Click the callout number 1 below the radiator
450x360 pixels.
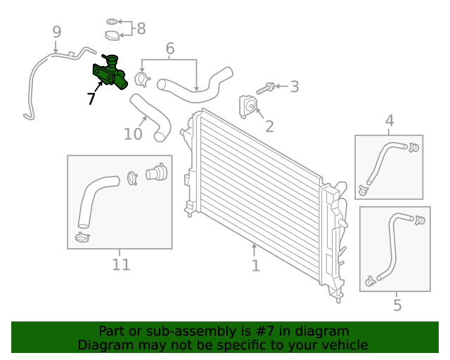(x=255, y=266)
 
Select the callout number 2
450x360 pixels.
(x=269, y=127)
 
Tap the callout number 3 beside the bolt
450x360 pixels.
(x=294, y=87)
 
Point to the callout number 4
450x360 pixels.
(x=390, y=122)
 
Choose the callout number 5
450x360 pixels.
(x=397, y=305)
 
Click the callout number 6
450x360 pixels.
(x=169, y=49)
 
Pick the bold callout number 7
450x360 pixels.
(x=91, y=99)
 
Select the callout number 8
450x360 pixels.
(x=141, y=29)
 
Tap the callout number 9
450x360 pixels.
(x=56, y=32)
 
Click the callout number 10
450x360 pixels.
(x=133, y=133)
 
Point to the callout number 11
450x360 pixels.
(x=121, y=264)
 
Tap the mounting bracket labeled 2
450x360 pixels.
(x=248, y=105)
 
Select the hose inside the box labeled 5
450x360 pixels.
(x=390, y=246)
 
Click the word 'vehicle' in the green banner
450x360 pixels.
(x=344, y=345)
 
